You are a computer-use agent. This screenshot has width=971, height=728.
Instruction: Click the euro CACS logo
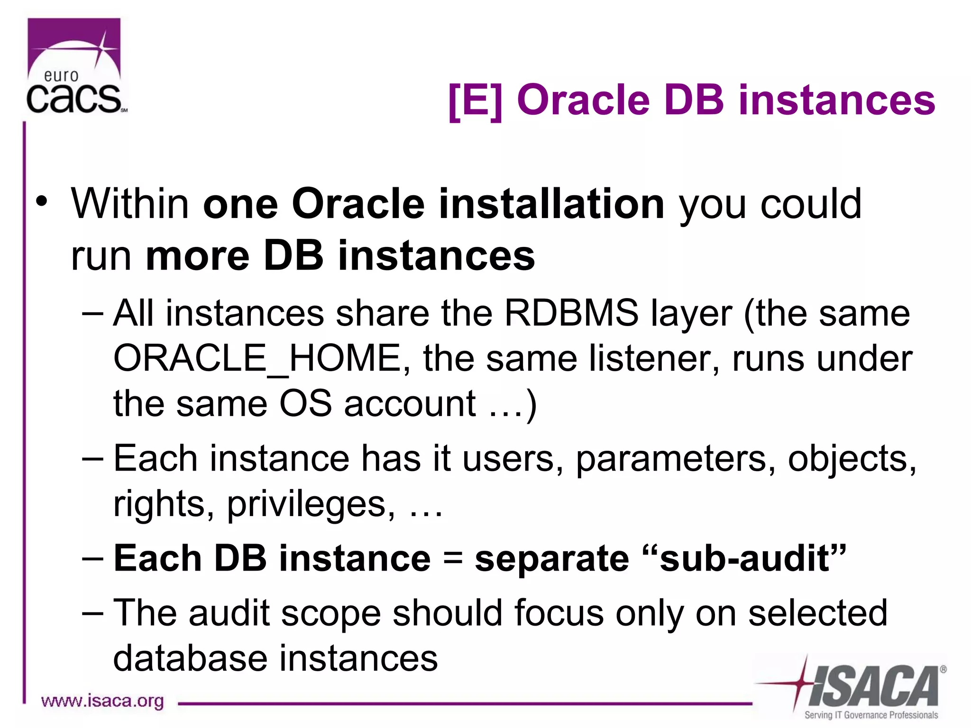(75, 66)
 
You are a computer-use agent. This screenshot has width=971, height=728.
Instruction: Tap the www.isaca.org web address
(102, 701)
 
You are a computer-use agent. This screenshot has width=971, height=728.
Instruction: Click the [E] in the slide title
(475, 100)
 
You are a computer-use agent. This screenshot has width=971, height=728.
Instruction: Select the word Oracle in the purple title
(583, 100)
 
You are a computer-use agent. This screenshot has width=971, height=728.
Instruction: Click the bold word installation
(551, 204)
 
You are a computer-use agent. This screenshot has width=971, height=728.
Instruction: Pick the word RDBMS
(571, 313)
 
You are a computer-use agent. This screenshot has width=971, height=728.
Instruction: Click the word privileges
(311, 504)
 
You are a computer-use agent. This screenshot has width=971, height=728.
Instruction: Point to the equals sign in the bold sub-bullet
(453, 558)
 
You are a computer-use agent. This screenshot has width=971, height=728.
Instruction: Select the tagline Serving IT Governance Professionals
(870, 715)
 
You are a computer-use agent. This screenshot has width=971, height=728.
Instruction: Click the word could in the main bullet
(811, 204)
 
